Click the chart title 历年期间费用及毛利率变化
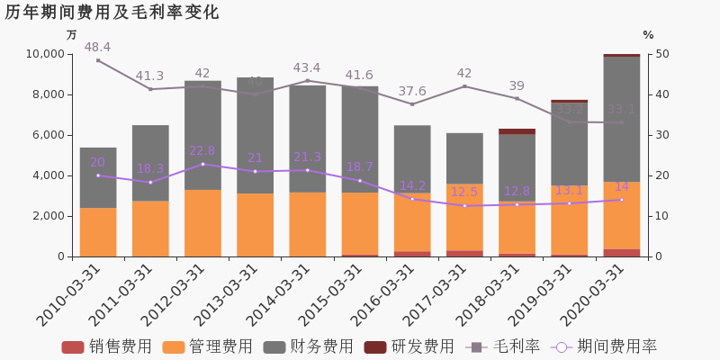click(x=112, y=13)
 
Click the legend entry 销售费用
click(x=107, y=346)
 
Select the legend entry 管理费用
click(x=208, y=346)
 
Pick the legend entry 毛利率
click(x=503, y=346)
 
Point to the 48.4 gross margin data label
click(x=97, y=48)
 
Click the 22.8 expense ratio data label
click(x=202, y=151)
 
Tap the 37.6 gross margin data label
click(x=412, y=92)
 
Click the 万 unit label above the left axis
click(x=72, y=35)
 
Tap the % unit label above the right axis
click(x=648, y=35)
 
